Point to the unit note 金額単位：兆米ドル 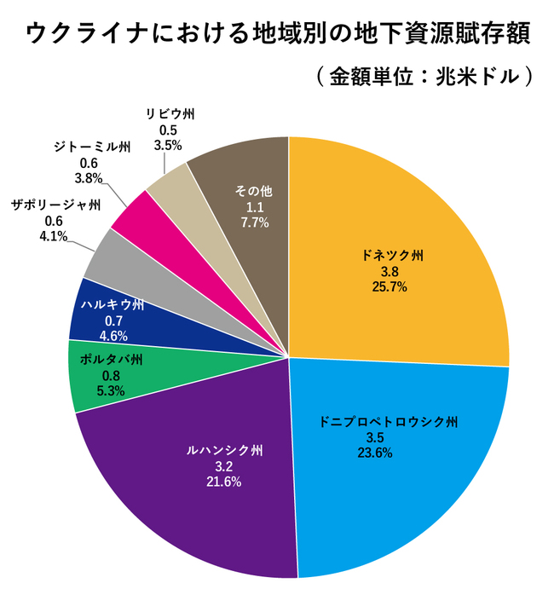[422, 76]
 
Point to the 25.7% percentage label [390, 287]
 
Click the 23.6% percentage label [376, 453]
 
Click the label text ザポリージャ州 [56, 205]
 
